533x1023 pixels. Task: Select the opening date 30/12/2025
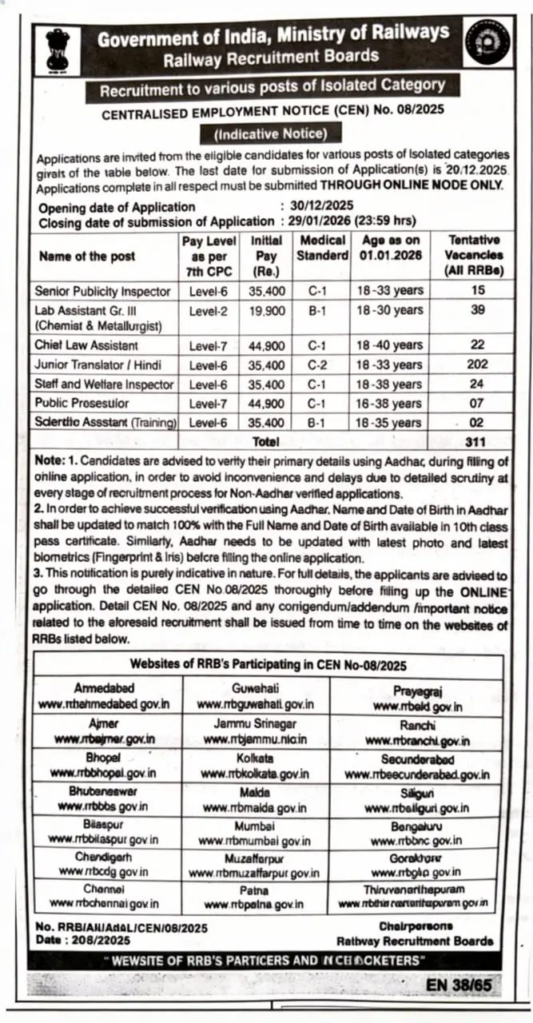(317, 207)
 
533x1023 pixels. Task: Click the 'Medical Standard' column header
(323, 248)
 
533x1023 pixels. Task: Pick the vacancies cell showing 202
(477, 364)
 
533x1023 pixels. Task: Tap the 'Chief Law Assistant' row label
(86, 345)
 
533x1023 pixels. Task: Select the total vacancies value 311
(477, 440)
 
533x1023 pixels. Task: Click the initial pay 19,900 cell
(267, 310)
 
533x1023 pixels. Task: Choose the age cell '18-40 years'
(390, 345)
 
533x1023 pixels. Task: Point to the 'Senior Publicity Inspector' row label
(102, 291)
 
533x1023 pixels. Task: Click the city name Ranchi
(417, 726)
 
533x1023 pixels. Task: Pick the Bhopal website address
(104, 774)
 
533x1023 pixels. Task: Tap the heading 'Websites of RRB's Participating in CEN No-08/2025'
(268, 665)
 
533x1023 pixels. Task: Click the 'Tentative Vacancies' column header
(475, 256)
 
